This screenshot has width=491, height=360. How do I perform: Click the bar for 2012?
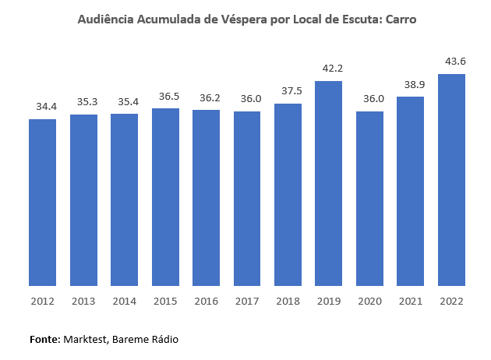pyautogui.click(x=42, y=203)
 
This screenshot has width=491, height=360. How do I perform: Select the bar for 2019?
pyautogui.click(x=329, y=183)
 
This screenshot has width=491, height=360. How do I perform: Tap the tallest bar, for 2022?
pyautogui.click(x=452, y=180)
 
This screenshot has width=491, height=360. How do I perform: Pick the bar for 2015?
pyautogui.click(x=165, y=197)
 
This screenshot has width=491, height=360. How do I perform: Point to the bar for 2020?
pyautogui.click(x=370, y=199)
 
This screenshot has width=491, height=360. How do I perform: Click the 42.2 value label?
pyautogui.click(x=330, y=68)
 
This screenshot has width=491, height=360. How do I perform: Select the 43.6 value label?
pyautogui.click(x=453, y=61)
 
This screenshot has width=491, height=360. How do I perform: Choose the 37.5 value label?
pyautogui.click(x=288, y=90)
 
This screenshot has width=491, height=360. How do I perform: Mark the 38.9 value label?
pyautogui.click(x=412, y=83)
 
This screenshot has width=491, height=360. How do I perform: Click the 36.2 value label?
pyautogui.click(x=207, y=97)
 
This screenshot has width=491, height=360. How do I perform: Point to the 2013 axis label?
pyautogui.click(x=83, y=301)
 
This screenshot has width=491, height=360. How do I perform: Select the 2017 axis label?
pyautogui.click(x=247, y=301)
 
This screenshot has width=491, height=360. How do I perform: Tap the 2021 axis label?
pyautogui.click(x=412, y=301)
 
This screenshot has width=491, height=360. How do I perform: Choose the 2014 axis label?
pyautogui.click(x=124, y=301)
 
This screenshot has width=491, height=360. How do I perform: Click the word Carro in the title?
pyautogui.click(x=399, y=19)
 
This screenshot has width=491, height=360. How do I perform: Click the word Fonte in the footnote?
pyautogui.click(x=44, y=340)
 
